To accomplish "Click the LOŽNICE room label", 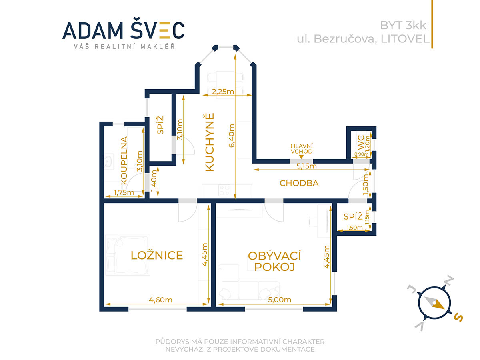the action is pyautogui.click(x=156, y=255).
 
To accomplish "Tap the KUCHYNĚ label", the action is pyautogui.click(x=210, y=142).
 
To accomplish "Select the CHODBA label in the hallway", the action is pyautogui.click(x=299, y=183).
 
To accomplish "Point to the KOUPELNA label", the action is pyautogui.click(x=124, y=160).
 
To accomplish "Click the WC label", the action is pyautogui.click(x=361, y=143).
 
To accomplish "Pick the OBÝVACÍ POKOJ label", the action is pyautogui.click(x=274, y=262).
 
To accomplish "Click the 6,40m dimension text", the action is pyautogui.click(x=232, y=136).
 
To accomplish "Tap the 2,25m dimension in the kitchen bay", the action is pyautogui.click(x=223, y=91).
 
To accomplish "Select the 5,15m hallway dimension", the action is pyautogui.click(x=306, y=166).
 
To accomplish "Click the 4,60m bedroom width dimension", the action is pyautogui.click(x=160, y=300).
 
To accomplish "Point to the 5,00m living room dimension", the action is pyautogui.click(x=280, y=300).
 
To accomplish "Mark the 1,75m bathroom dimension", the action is pyautogui.click(x=124, y=192).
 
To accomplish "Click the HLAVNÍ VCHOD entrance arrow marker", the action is pyautogui.click(x=301, y=157).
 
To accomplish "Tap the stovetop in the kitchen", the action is pyautogui.click(x=224, y=190).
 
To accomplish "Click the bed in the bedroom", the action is pyautogui.click(x=128, y=255).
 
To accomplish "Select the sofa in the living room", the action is pyautogui.click(x=248, y=282).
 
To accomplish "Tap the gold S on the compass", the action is pyautogui.click(x=458, y=318).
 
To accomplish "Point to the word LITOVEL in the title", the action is pyautogui.click(x=405, y=39).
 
